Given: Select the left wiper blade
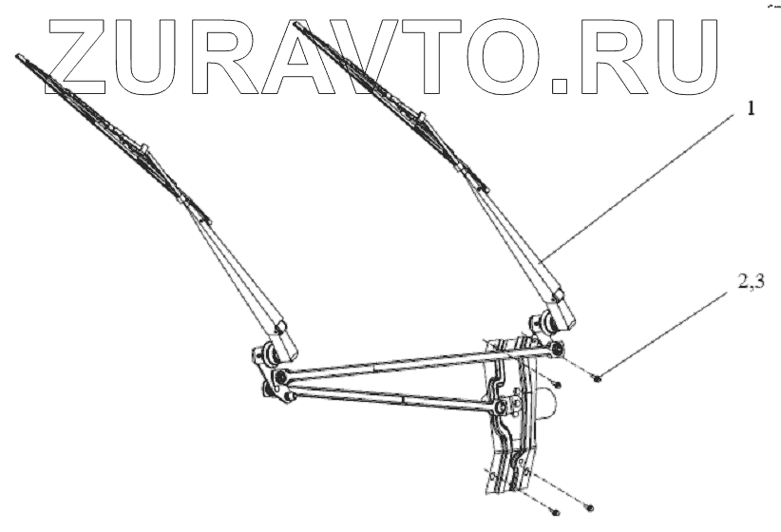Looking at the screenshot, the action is coord(105,123).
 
